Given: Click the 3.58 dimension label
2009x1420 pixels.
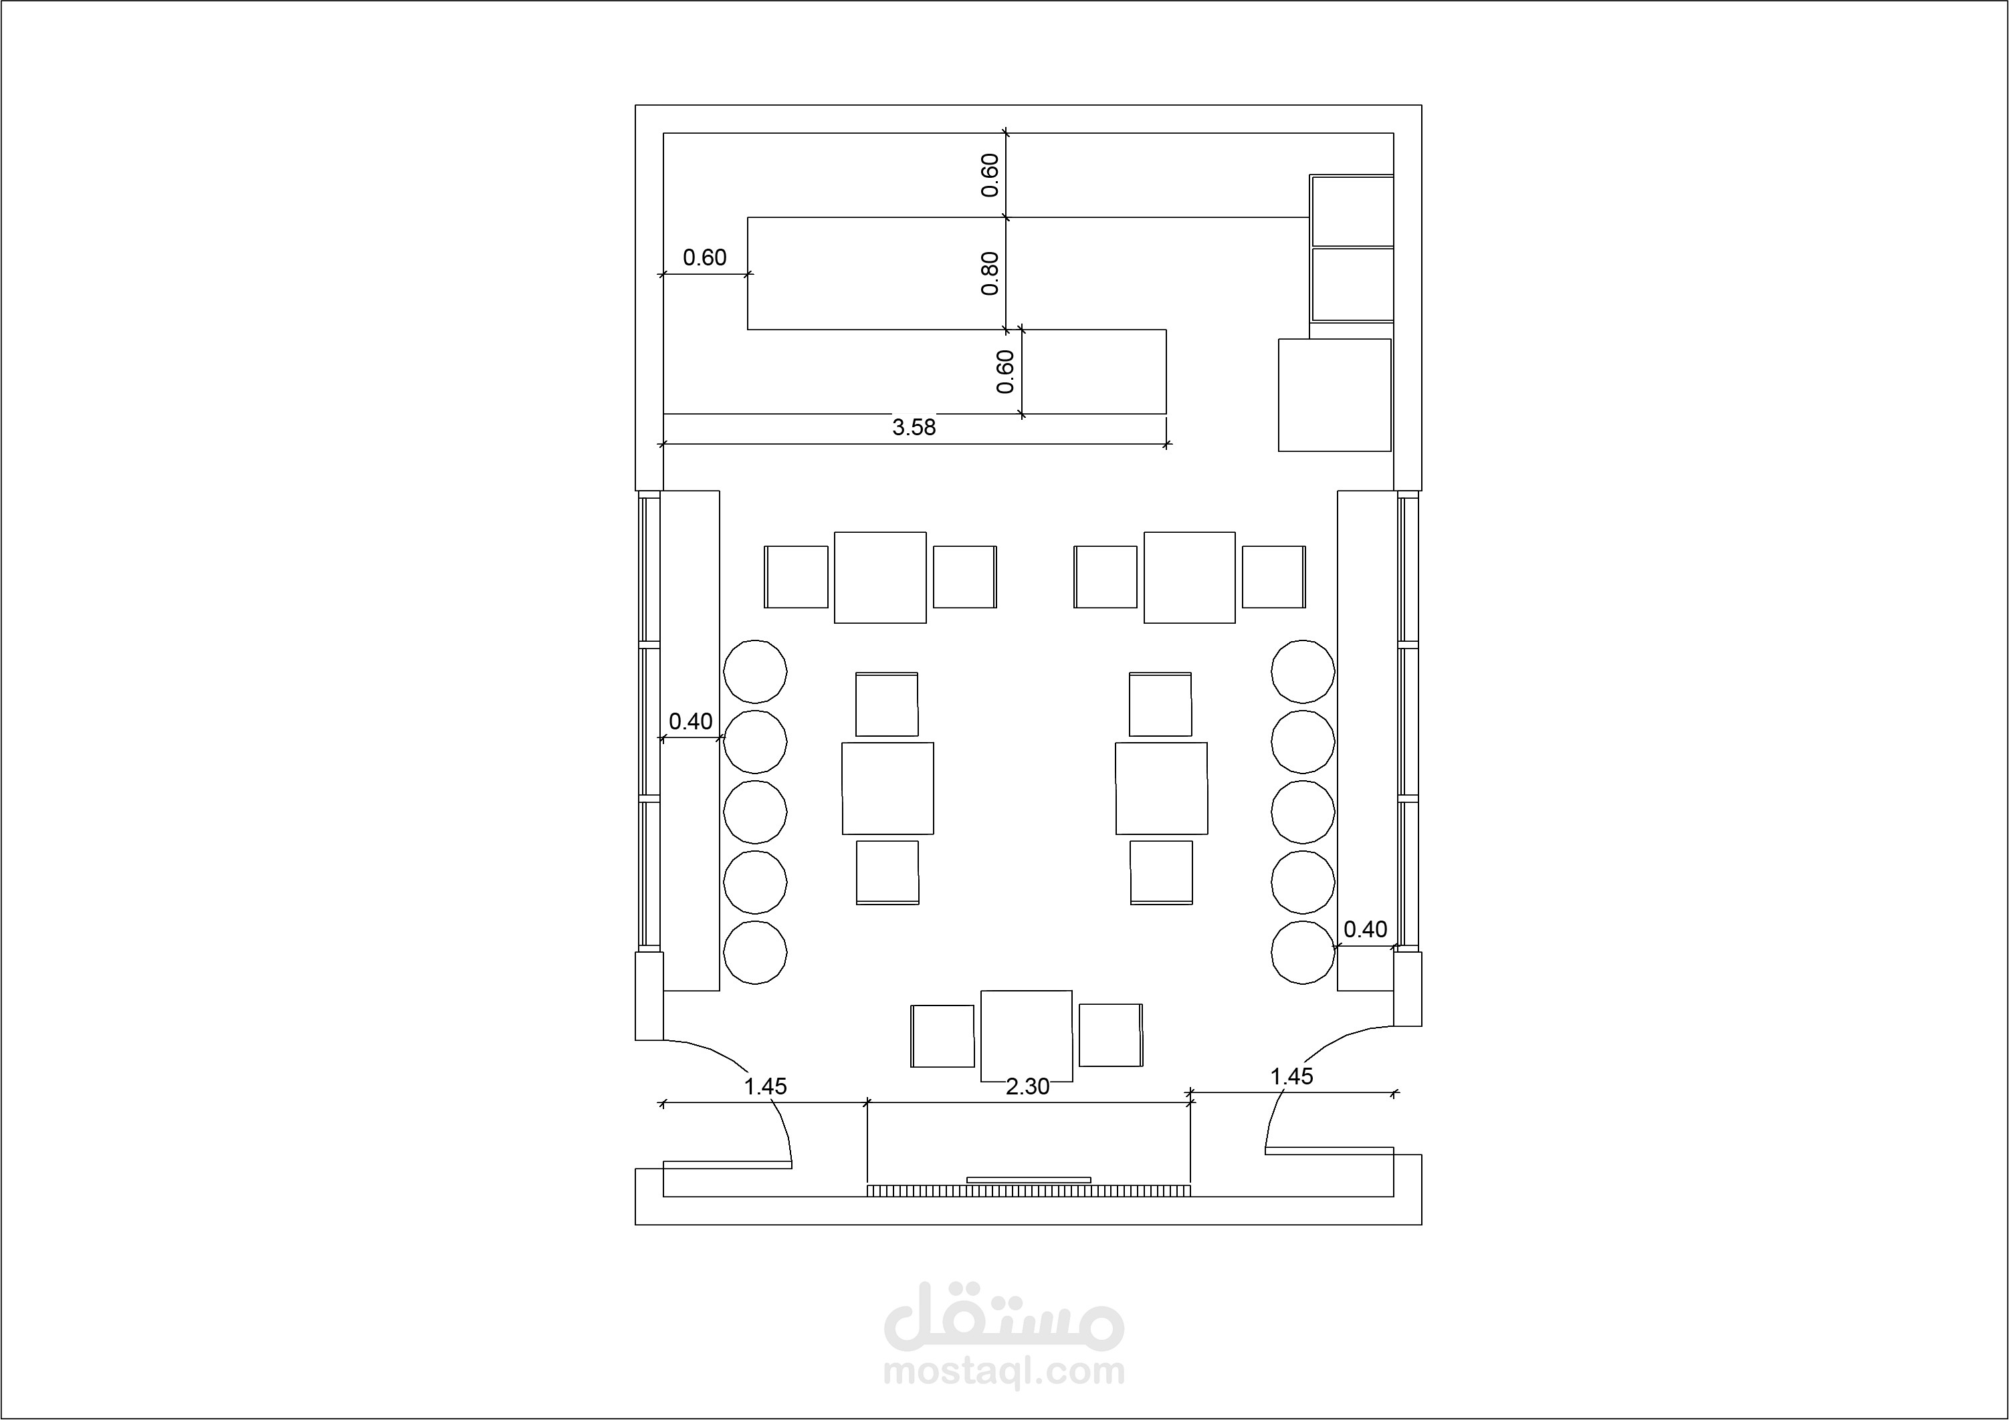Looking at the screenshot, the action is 914,427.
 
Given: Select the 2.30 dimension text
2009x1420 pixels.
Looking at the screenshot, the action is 1027,1086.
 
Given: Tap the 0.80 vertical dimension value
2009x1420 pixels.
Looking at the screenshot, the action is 990,274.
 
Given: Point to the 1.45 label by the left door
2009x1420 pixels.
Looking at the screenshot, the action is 766,1086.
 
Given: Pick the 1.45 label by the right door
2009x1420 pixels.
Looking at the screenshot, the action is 1291,1076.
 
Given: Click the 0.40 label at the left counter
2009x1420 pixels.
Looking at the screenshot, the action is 690,722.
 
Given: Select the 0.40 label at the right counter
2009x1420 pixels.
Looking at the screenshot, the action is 1365,929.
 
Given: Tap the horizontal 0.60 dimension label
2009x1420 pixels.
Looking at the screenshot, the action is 704,257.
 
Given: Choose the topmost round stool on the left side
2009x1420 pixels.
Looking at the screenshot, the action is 755,671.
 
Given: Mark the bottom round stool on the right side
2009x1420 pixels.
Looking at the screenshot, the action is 1303,952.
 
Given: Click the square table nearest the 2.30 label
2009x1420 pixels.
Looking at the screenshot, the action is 1027,1036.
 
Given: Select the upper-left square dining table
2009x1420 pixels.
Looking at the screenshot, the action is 880,578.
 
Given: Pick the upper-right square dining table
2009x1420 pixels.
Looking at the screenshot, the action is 1190,578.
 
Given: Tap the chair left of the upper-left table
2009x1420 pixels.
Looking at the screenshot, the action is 797,576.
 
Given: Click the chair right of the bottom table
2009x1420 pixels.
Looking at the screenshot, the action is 1110,1035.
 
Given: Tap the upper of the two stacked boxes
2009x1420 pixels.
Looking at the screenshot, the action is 1352,211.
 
